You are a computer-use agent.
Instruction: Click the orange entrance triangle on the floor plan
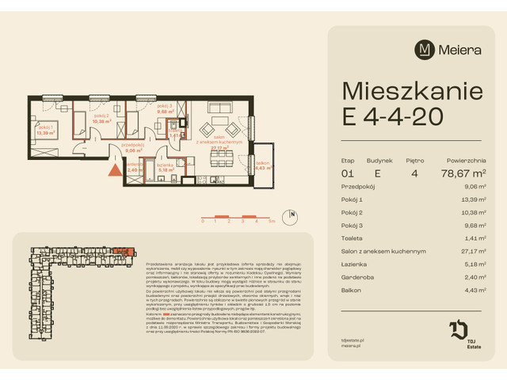click(115, 168)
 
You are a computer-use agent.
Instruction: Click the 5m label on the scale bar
click(272, 223)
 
